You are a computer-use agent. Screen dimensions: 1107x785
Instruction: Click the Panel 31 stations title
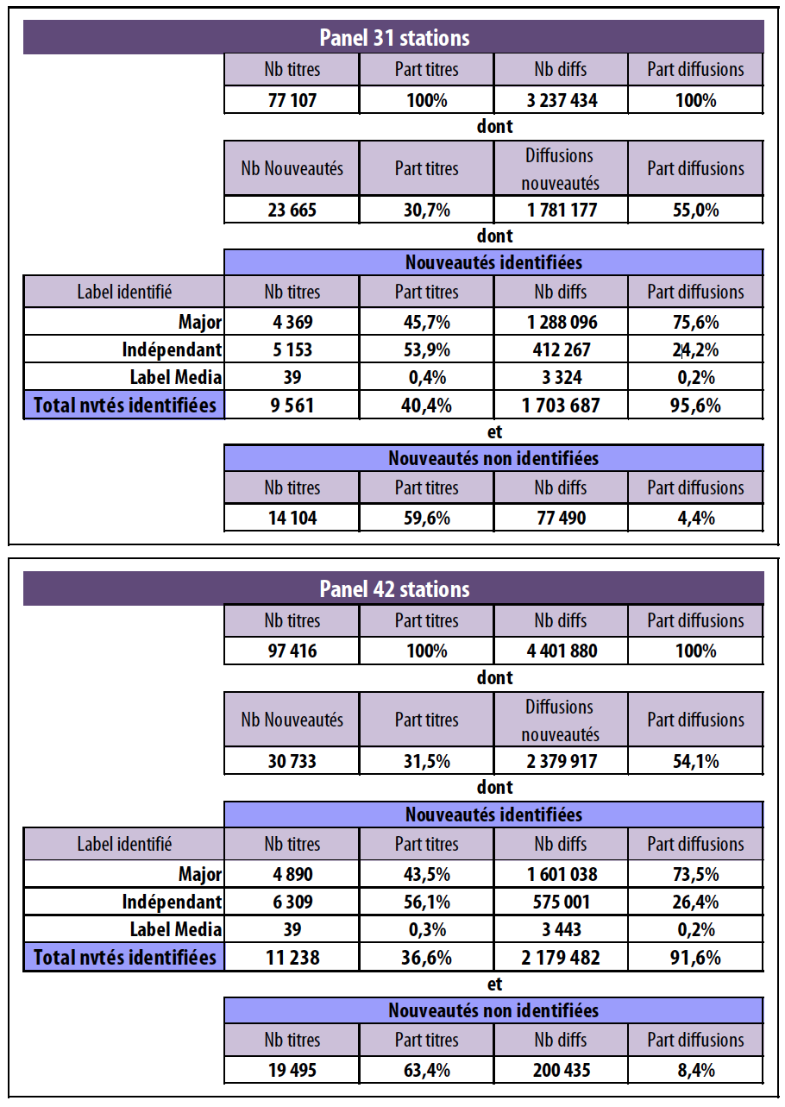[x=393, y=38]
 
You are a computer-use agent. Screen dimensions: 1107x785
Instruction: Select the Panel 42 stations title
[x=393, y=589]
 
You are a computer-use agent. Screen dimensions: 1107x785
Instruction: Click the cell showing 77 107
[x=292, y=100]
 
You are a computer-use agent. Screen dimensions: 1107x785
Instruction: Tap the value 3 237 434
[x=561, y=100]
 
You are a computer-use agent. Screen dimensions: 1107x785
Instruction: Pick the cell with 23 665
[x=292, y=210]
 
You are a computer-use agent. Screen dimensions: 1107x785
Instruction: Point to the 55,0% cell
[x=694, y=210]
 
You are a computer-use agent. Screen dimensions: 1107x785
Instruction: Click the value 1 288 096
[x=561, y=323]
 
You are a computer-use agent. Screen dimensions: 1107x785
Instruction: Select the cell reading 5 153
[x=292, y=350]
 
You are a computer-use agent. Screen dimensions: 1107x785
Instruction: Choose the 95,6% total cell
[x=694, y=405]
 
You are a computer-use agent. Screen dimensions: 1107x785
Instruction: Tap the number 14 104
[x=292, y=518]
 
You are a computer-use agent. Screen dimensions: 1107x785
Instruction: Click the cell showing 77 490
[x=561, y=518]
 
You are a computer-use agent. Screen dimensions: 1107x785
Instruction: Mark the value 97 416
[x=292, y=651]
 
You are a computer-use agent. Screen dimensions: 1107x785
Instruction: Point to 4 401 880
[x=561, y=651]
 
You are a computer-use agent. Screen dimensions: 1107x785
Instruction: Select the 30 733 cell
[x=292, y=761]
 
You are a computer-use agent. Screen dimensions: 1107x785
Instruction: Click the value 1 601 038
[x=561, y=874]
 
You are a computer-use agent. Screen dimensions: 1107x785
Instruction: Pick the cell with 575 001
[x=561, y=902]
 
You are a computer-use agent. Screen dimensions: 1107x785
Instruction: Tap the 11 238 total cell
[x=292, y=957]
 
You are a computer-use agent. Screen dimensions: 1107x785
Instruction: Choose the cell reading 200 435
[x=561, y=1070]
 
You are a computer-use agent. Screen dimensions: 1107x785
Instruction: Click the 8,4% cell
[x=694, y=1070]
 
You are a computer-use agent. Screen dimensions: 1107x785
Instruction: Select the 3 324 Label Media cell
[x=561, y=377]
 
